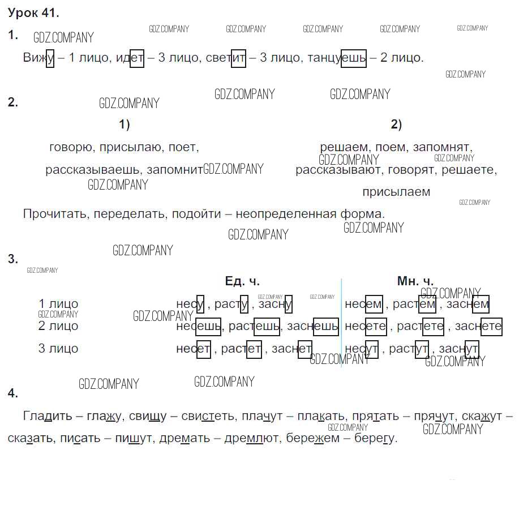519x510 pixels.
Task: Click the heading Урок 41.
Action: coord(33,13)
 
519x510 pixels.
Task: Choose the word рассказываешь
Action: coord(94,170)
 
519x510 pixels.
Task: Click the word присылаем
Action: coord(396,192)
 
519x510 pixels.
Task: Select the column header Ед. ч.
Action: coord(242,281)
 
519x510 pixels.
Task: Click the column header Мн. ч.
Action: coord(415,281)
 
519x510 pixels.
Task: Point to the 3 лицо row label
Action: coord(58,349)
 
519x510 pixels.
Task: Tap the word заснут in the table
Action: coord(459,349)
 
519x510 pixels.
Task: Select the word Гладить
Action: coord(48,416)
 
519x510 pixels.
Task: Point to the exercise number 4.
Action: coord(12,394)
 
